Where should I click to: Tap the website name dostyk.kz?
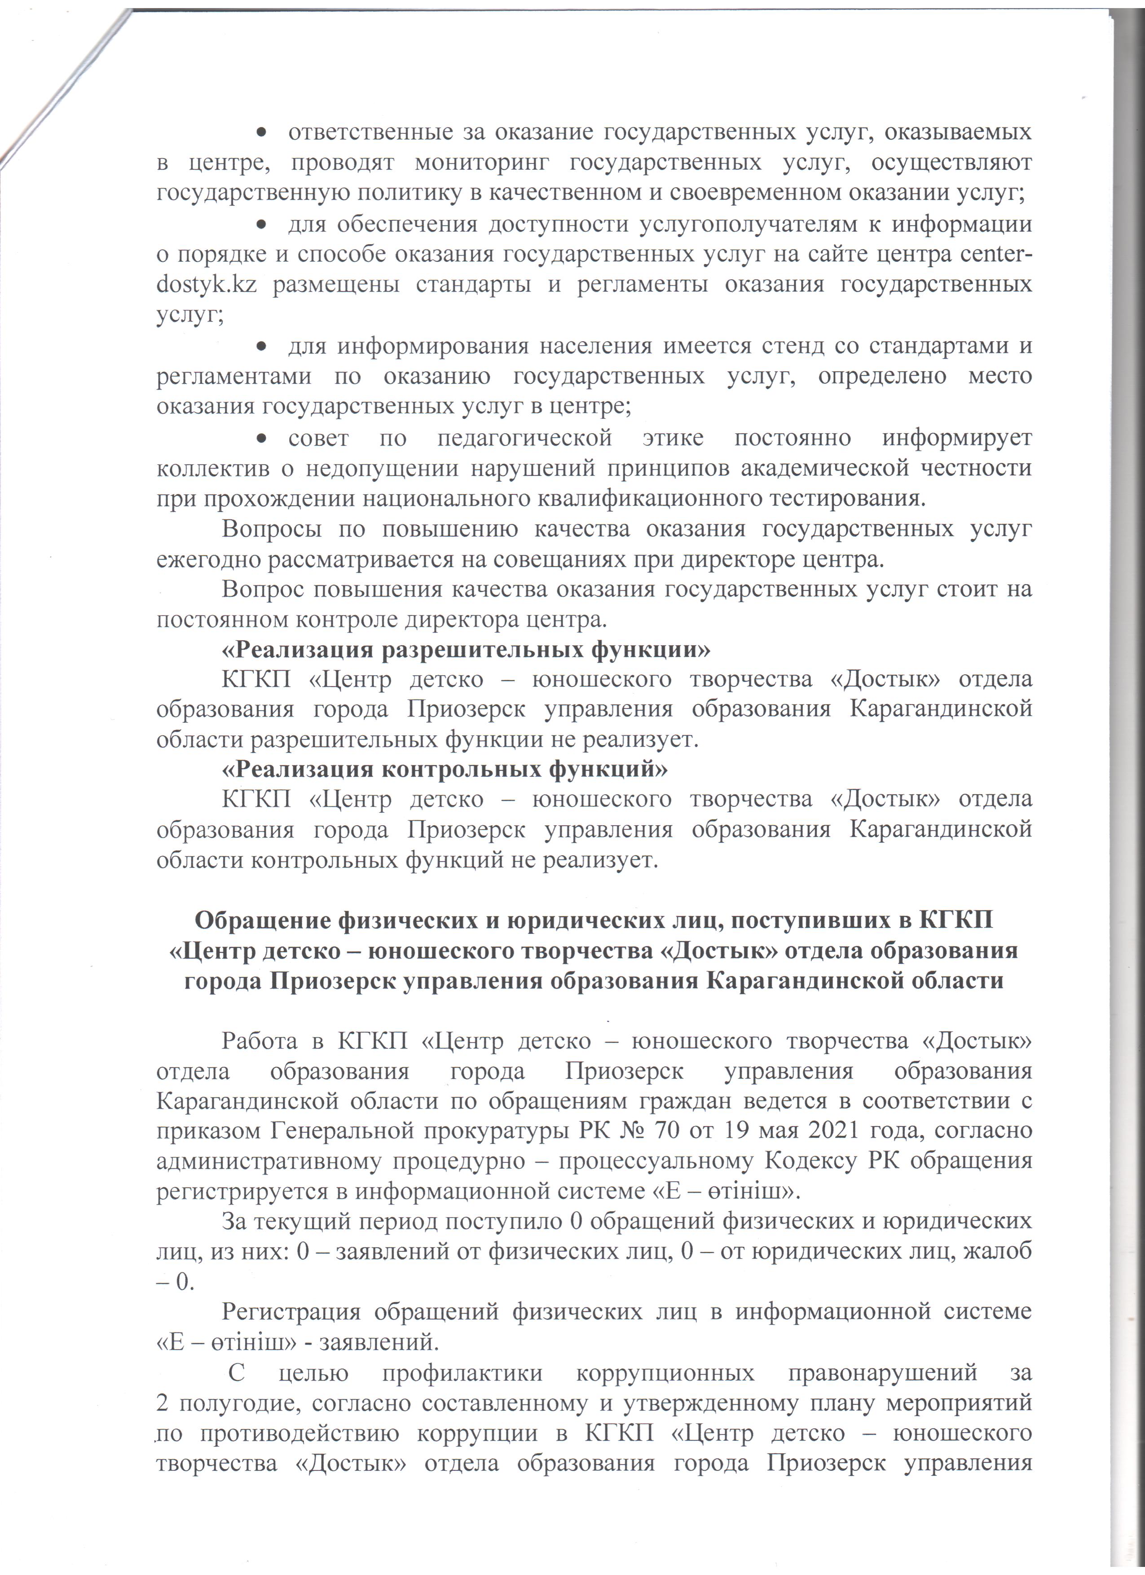coord(206,286)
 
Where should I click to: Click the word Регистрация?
coord(291,1312)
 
